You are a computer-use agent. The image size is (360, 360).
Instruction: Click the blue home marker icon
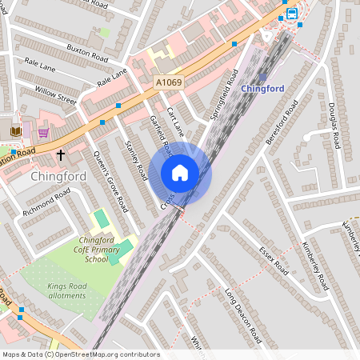pyautogui.click(x=180, y=173)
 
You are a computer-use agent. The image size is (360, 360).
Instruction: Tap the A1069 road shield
pyautogui.click(x=168, y=82)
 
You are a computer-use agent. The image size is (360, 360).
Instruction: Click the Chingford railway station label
pyautogui.click(x=263, y=89)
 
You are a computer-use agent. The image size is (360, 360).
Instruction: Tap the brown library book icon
pyautogui.click(x=16, y=131)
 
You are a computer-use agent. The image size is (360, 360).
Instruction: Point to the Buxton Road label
pyautogui.click(x=88, y=55)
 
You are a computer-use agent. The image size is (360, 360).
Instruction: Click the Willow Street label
pyautogui.click(x=56, y=96)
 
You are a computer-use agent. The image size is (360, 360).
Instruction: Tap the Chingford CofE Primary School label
pyautogui.click(x=102, y=250)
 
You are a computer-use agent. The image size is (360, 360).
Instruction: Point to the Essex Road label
pyautogui.click(x=274, y=260)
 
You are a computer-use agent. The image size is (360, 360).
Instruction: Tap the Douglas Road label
pyautogui.click(x=335, y=120)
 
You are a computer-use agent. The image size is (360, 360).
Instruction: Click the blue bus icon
pyautogui.click(x=293, y=14)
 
